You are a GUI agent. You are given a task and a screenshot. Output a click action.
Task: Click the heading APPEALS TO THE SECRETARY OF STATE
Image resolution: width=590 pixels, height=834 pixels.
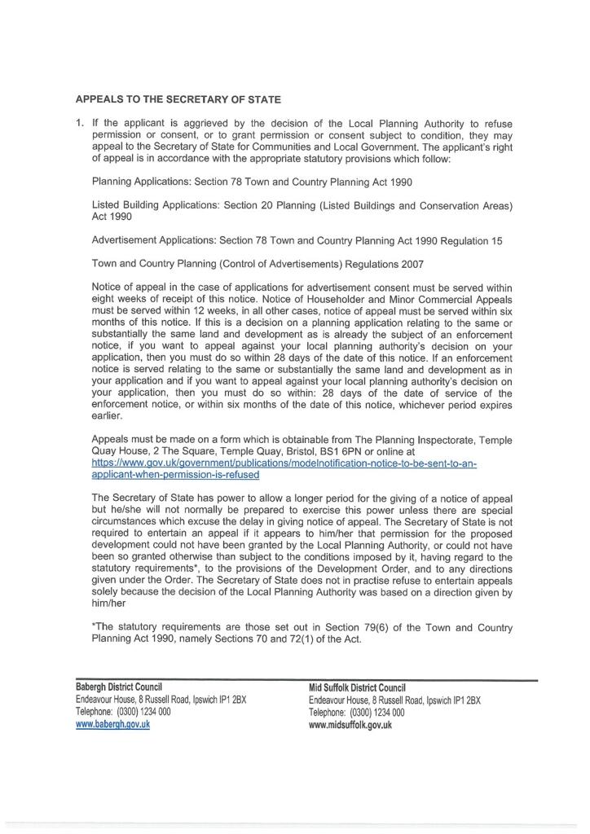pos(178,99)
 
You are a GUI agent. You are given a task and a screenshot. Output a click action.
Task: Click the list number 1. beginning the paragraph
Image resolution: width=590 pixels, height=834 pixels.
pos(80,124)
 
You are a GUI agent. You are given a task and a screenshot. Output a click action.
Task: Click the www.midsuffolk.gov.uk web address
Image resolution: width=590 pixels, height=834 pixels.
pos(350,724)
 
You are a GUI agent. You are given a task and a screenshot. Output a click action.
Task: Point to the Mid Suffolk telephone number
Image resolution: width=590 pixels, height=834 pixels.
pos(376,712)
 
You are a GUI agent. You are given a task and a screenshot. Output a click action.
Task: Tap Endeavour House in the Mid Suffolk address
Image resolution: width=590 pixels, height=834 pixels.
pos(339,700)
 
